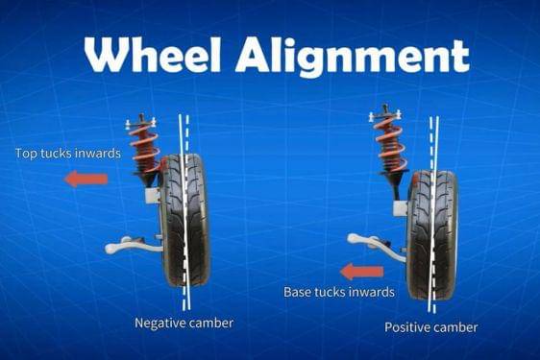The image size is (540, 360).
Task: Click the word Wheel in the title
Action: click(x=153, y=55)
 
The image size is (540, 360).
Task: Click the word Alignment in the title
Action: click(x=353, y=57)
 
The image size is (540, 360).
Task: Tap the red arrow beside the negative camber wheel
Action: click(x=86, y=179)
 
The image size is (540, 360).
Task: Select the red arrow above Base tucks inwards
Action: click(x=361, y=272)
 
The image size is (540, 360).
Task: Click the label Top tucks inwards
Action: click(x=68, y=154)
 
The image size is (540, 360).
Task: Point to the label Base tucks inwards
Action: click(x=339, y=292)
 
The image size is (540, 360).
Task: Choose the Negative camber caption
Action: click(x=184, y=323)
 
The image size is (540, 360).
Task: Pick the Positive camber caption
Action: click(x=431, y=327)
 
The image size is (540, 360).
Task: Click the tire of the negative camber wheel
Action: click(x=185, y=220)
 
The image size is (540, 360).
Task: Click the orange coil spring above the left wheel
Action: click(x=145, y=148)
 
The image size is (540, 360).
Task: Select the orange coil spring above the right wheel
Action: click(x=389, y=145)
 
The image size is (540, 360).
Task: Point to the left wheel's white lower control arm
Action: click(x=133, y=245)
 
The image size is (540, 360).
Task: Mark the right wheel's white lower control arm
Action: click(x=377, y=245)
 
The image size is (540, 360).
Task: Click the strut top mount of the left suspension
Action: click(x=141, y=121)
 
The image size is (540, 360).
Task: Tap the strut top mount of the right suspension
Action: click(x=385, y=114)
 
